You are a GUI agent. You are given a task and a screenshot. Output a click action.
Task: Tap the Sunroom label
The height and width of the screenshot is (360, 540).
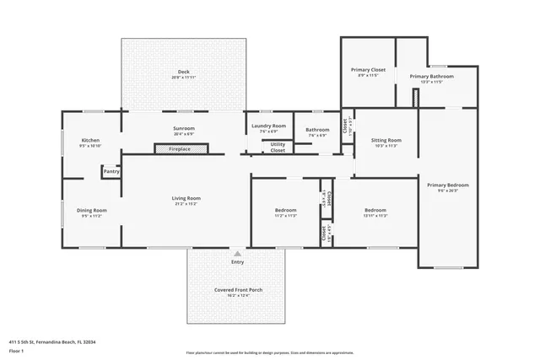[x=183, y=128]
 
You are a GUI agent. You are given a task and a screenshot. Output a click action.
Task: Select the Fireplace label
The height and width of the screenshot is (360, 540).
[x=179, y=149]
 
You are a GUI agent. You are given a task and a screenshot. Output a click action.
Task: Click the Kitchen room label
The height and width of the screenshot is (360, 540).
[x=90, y=140]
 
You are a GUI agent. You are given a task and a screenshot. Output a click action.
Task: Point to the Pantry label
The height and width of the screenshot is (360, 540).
[x=111, y=171]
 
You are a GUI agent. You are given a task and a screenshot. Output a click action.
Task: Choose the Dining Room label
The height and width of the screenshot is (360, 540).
[x=91, y=210]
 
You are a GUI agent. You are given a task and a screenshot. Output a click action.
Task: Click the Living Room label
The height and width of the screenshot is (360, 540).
[x=186, y=198]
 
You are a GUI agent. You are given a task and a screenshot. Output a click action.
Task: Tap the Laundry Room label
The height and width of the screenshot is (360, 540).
[x=268, y=126]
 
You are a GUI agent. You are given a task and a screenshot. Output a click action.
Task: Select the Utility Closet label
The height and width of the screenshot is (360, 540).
[x=278, y=148]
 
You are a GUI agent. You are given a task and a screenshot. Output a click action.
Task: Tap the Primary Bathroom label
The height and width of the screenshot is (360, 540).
[x=432, y=76]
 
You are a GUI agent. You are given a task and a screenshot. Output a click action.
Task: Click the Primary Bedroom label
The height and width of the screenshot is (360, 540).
[x=447, y=185]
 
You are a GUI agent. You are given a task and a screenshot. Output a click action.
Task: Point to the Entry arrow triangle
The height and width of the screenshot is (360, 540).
[x=238, y=252]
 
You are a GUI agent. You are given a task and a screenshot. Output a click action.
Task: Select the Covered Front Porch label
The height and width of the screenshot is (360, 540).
[x=238, y=289]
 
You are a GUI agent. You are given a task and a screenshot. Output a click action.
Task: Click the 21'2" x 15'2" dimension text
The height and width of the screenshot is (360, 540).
[x=186, y=203]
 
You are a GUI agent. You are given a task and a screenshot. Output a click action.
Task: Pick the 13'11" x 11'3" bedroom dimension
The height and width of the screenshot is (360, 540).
[x=375, y=215]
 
